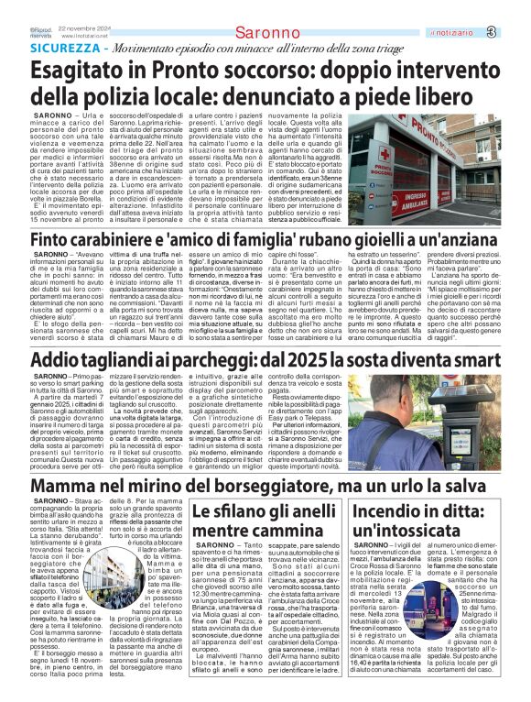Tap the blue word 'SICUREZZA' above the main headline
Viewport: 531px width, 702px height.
pos(64,47)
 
